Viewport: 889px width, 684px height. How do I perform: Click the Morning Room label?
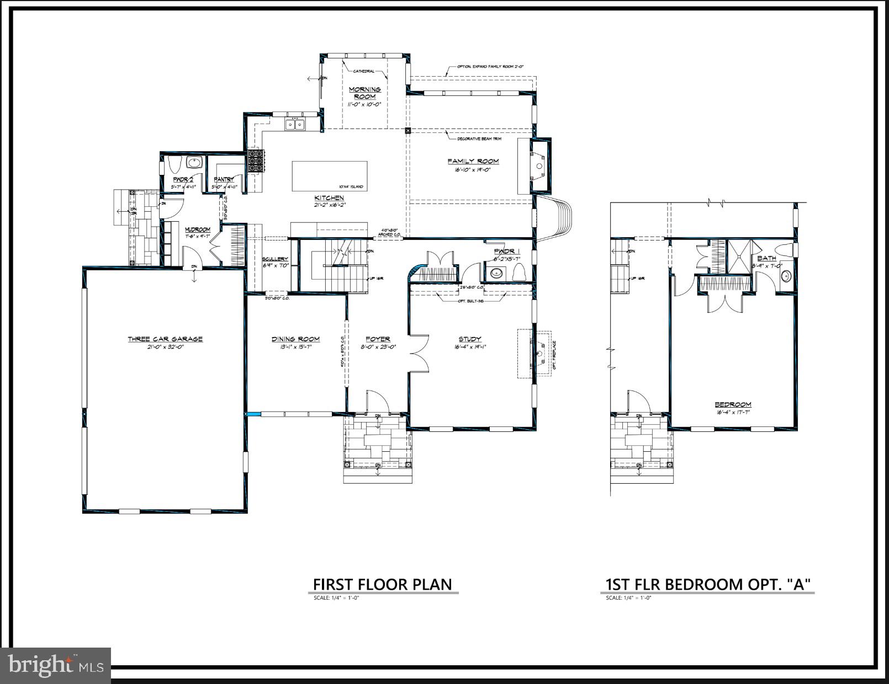(x=364, y=93)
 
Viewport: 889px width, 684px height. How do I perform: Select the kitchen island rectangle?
(x=329, y=175)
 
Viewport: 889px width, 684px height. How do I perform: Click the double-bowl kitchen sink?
(x=295, y=125)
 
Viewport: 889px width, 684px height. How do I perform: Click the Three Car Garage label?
(x=165, y=339)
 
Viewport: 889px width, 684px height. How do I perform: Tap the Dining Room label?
(x=295, y=339)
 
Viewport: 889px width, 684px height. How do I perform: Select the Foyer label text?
(x=378, y=339)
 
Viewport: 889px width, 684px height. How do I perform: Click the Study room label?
(x=470, y=339)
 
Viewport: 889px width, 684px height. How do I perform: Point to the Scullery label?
(x=275, y=259)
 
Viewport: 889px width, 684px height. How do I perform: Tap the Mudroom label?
(x=197, y=229)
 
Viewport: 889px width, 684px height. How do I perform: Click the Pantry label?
(x=224, y=180)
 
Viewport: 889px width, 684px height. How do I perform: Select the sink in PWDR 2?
(x=193, y=163)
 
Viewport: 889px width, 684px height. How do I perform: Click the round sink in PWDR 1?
(x=496, y=272)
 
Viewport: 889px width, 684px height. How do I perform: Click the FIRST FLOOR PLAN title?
(x=383, y=584)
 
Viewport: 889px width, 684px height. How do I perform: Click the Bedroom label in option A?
(x=733, y=404)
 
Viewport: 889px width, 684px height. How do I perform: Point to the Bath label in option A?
(x=766, y=258)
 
